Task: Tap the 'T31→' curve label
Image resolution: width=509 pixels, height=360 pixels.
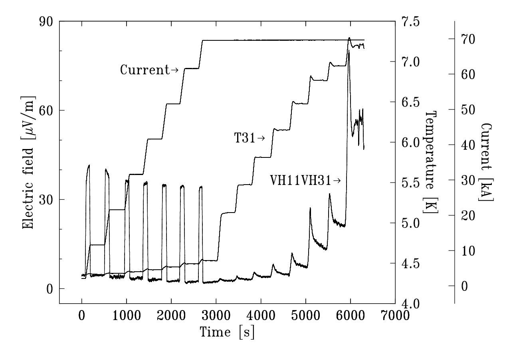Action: click(x=250, y=139)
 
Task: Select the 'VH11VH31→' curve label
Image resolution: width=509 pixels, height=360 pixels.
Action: click(x=306, y=181)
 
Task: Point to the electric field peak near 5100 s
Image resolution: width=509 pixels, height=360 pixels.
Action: click(x=310, y=208)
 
